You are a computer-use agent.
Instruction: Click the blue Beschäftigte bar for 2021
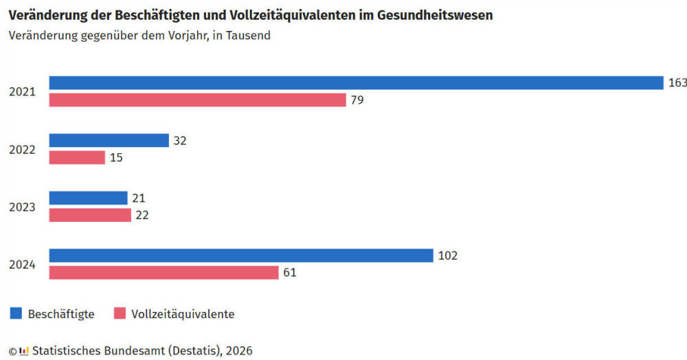[356, 82]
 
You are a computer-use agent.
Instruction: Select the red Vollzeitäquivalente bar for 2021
[197, 100]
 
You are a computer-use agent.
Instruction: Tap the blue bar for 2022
[109, 140]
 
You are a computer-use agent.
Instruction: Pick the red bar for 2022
[77, 157]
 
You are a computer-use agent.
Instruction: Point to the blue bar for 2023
[88, 198]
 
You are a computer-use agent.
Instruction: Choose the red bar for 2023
[90, 215]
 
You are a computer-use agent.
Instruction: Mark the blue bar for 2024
[241, 256]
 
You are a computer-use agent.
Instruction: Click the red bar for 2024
[164, 273]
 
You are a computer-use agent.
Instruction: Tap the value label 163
[677, 82]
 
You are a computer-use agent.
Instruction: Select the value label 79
[357, 100]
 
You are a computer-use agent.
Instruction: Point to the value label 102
[447, 256]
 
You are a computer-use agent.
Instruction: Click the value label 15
[115, 157]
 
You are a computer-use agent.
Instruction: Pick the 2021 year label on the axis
[22, 91]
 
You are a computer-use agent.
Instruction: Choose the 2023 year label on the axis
[22, 207]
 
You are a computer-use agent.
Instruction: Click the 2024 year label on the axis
[22, 265]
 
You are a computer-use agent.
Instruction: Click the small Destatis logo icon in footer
[24, 351]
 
